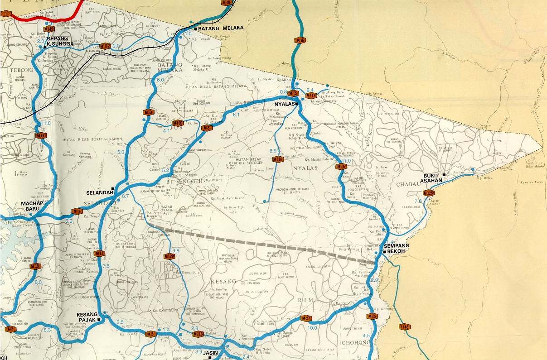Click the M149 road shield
click(x=49, y=29)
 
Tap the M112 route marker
click(x=105, y=46)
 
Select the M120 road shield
click(x=178, y=123)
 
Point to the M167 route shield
click(x=278, y=159)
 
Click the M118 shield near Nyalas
click(x=311, y=96)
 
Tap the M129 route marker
click(x=169, y=257)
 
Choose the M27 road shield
click(x=306, y=318)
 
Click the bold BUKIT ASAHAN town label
click(x=431, y=178)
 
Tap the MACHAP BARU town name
click(x=32, y=206)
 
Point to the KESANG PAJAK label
click(x=87, y=317)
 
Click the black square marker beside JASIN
click(x=210, y=358)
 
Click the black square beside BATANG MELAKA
click(x=195, y=29)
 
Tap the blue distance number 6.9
click(x=273, y=151)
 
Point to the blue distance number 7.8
click(x=418, y=201)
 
